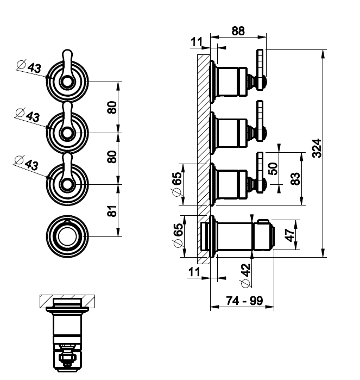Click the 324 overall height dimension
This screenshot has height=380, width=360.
317,148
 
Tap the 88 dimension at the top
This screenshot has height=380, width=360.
238,31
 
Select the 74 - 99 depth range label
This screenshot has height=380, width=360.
244,301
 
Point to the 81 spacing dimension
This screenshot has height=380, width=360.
112,210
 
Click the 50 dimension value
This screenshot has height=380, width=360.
273,169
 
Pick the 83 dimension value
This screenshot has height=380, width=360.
295,179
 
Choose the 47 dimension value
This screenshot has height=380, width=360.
289,235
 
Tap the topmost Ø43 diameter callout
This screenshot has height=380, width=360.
29,66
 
